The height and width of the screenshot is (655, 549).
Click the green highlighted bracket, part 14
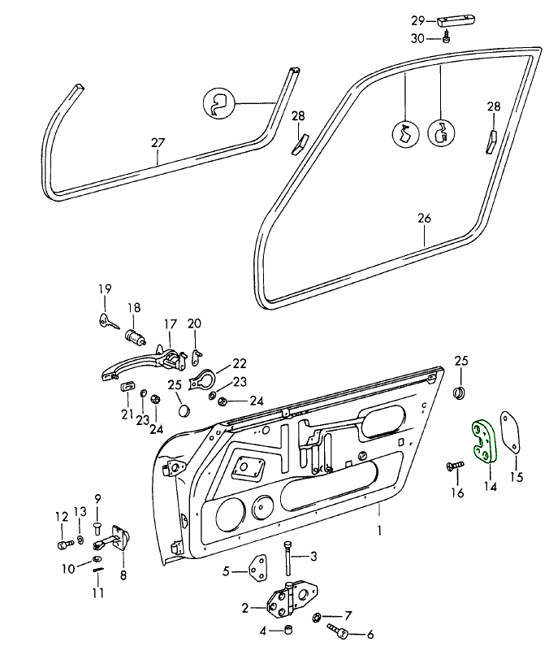(482, 440)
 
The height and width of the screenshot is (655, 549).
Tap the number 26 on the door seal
(424, 219)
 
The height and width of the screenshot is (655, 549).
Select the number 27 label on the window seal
(158, 143)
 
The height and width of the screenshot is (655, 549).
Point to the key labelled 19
(106, 321)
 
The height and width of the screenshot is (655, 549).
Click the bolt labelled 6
(339, 631)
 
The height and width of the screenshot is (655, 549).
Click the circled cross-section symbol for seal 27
(218, 103)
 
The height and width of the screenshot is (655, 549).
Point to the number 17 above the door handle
(171, 325)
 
